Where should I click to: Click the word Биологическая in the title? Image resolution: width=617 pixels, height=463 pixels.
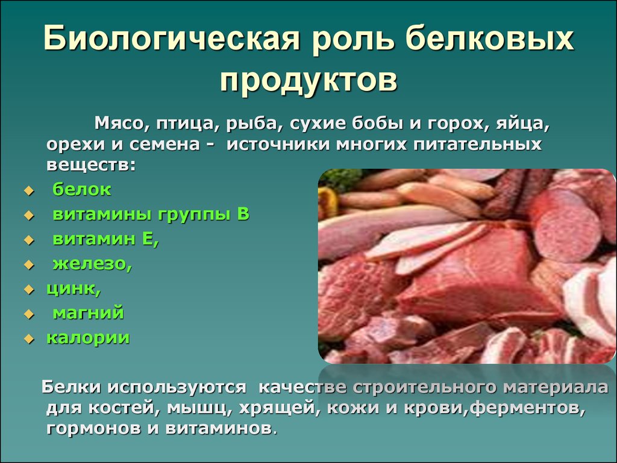(x=171, y=38)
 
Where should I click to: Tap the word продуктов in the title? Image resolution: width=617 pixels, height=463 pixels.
(x=308, y=80)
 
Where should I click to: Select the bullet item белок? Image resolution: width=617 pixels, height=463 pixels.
(x=82, y=189)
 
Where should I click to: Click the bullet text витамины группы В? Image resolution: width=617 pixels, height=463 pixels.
(x=151, y=215)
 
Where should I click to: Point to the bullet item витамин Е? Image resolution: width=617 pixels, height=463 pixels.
(x=106, y=239)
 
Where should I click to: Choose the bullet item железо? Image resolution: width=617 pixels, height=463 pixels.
(x=92, y=264)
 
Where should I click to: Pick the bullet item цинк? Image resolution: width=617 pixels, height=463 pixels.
(x=74, y=289)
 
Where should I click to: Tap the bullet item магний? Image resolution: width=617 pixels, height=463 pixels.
(x=88, y=313)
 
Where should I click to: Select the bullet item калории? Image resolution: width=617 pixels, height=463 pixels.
(x=88, y=338)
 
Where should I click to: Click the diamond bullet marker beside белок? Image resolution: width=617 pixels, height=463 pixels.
(x=29, y=191)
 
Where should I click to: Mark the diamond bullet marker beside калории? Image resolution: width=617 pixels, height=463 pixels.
(x=29, y=339)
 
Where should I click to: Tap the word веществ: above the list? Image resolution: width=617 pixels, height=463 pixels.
(x=91, y=165)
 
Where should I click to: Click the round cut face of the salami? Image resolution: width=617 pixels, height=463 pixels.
(x=565, y=226)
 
